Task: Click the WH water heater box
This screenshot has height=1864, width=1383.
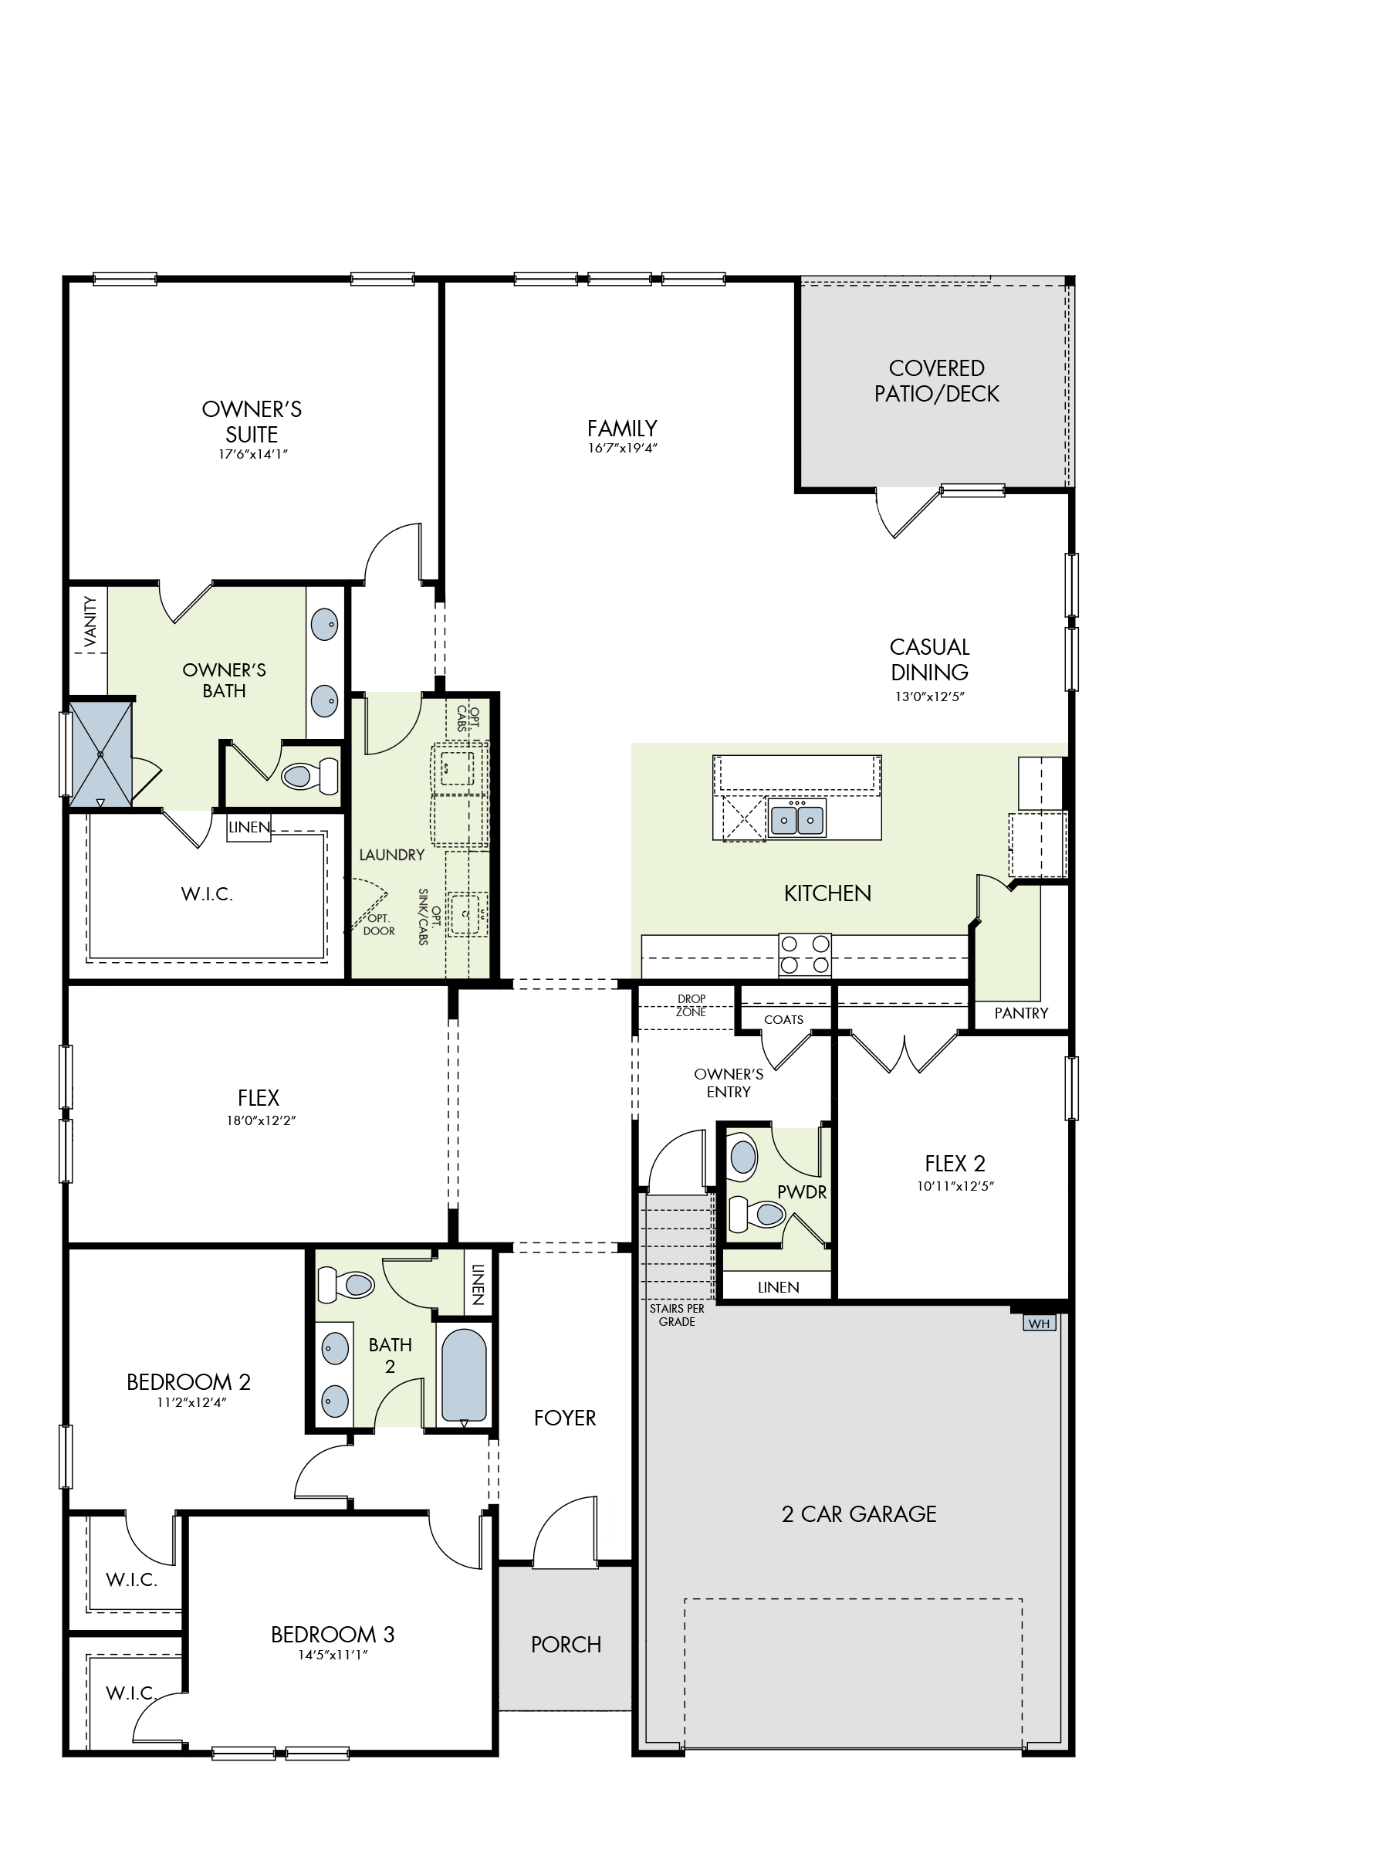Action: tap(1039, 1323)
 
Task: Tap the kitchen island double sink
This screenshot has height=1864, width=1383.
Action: tap(797, 818)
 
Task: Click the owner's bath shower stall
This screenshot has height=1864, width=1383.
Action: tap(100, 754)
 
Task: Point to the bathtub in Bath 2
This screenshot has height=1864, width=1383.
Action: tap(464, 1375)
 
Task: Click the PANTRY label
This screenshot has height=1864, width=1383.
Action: tap(1020, 1013)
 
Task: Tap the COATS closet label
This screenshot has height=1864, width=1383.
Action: tap(783, 1019)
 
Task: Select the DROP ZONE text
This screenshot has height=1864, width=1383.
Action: tap(691, 1005)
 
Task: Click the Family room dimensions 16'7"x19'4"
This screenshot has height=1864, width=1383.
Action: tap(622, 448)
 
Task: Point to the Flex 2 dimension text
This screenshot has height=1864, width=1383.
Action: tap(955, 1186)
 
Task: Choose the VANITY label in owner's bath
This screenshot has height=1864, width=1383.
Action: tap(90, 622)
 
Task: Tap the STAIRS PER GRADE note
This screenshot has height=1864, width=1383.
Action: tap(676, 1315)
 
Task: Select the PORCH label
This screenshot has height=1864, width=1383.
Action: tap(566, 1645)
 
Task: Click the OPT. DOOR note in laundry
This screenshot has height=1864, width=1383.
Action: tap(378, 924)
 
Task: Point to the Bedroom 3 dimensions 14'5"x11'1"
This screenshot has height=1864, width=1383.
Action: tap(333, 1655)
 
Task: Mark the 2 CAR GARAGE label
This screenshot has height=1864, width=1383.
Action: tap(859, 1514)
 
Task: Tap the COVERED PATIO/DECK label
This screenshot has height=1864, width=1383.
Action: tap(937, 381)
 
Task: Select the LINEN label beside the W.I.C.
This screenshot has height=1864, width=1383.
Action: tap(249, 827)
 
